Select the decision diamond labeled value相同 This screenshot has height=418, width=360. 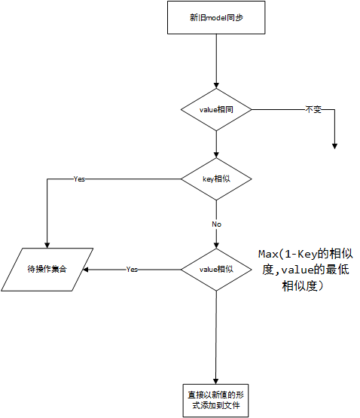click(215, 110)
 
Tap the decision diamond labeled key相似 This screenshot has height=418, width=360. click(215, 178)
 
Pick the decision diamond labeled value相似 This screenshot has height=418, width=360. click(215, 269)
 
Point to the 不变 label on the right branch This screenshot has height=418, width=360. click(313, 110)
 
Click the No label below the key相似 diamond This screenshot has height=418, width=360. click(216, 224)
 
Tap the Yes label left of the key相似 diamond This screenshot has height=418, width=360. click(79, 179)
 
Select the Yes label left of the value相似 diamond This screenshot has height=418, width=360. click(132, 269)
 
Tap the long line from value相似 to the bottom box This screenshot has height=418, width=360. click(215, 331)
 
